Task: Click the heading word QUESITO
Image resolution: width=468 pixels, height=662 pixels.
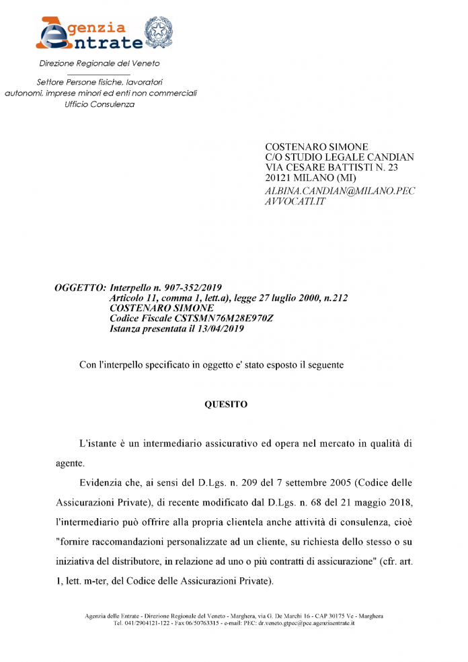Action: [x=226, y=405]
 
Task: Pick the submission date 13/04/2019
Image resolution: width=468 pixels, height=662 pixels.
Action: [x=221, y=329]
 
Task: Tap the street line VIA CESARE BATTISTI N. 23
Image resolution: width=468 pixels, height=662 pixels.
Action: [x=332, y=167]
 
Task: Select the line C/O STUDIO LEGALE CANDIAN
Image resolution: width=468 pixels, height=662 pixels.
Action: [x=340, y=157]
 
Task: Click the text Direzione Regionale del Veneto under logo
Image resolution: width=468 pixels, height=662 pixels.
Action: [x=99, y=63]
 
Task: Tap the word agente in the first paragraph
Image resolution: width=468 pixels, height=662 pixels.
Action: [x=71, y=463]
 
